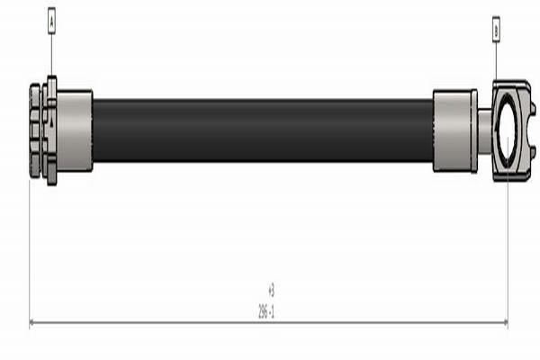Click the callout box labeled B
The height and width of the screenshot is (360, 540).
pyautogui.click(x=495, y=30)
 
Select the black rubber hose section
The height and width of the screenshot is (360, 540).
pyautogui.click(x=261, y=130)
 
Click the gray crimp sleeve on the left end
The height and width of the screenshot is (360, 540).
pyautogui.click(x=75, y=130)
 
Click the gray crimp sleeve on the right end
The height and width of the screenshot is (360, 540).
pyautogui.click(x=454, y=130)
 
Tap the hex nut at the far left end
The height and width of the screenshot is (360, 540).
pyautogui.click(x=35, y=130)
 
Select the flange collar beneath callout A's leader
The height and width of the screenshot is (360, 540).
pyautogui.click(x=51, y=130)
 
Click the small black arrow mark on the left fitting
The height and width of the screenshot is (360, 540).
pyautogui.click(x=53, y=121)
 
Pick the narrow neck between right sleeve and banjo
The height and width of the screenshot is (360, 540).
pyautogui.click(x=484, y=130)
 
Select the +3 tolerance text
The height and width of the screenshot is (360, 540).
pyautogui.click(x=270, y=291)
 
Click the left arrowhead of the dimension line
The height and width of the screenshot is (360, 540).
pyautogui.click(x=33, y=322)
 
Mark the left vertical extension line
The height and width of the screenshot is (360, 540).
pyautogui.click(x=30, y=252)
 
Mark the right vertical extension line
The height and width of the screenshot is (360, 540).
pyautogui.click(x=508, y=252)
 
